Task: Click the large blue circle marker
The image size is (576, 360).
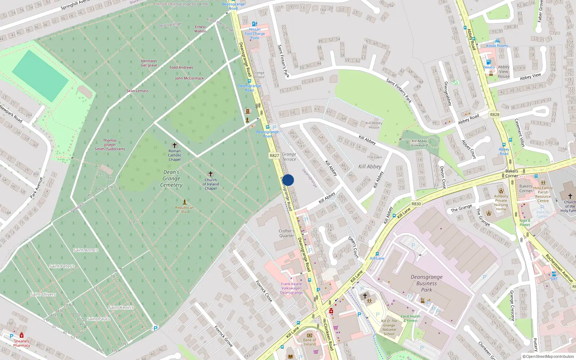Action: (288, 180)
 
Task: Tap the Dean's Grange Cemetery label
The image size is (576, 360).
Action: (171, 179)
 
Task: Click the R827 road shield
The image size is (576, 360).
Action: (274, 156)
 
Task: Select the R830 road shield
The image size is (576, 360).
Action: (416, 204)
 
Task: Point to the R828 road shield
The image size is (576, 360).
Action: (495, 114)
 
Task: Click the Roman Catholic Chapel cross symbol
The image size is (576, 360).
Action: (175, 145)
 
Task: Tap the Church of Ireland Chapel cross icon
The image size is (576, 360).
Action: (211, 174)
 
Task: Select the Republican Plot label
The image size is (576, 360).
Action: (184, 210)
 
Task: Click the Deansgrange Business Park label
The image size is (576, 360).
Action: (427, 283)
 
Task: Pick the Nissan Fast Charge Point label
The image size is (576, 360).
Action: (255, 33)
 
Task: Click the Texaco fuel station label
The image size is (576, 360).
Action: (489, 67)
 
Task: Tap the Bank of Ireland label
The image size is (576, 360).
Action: (309, 342)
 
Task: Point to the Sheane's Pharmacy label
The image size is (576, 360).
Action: (22, 343)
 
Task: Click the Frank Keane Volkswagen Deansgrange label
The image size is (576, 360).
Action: (291, 288)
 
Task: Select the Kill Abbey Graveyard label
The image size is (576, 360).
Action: (419, 143)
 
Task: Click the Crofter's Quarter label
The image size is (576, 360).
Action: (287, 233)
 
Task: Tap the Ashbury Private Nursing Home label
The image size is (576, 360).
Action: (501, 203)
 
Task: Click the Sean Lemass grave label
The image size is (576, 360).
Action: (137, 91)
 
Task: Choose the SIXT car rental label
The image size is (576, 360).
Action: (554, 279)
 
